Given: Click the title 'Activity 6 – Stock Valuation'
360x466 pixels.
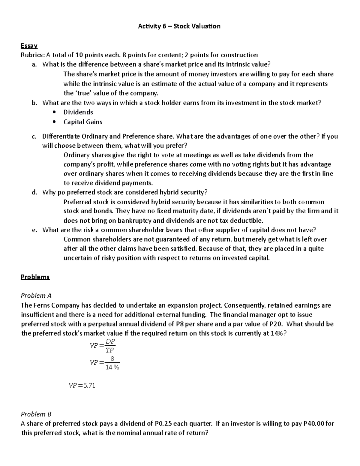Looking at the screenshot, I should (x=179, y=26).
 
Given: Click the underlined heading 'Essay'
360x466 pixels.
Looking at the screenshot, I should (x=29, y=46).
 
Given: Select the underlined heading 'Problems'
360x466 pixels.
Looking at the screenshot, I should (x=35, y=277).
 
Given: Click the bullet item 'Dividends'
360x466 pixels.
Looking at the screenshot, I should (x=78, y=112).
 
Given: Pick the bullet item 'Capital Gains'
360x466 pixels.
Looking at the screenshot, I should (x=83, y=122).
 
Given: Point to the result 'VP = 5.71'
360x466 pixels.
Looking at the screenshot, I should (x=82, y=386).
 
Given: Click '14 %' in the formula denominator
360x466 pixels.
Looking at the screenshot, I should (x=112, y=367).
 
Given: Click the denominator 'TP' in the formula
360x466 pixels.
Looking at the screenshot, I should (x=110, y=350).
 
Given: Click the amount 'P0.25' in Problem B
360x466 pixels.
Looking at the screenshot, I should (x=163, y=424).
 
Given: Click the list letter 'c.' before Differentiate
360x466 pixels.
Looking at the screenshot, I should (x=34, y=137).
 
